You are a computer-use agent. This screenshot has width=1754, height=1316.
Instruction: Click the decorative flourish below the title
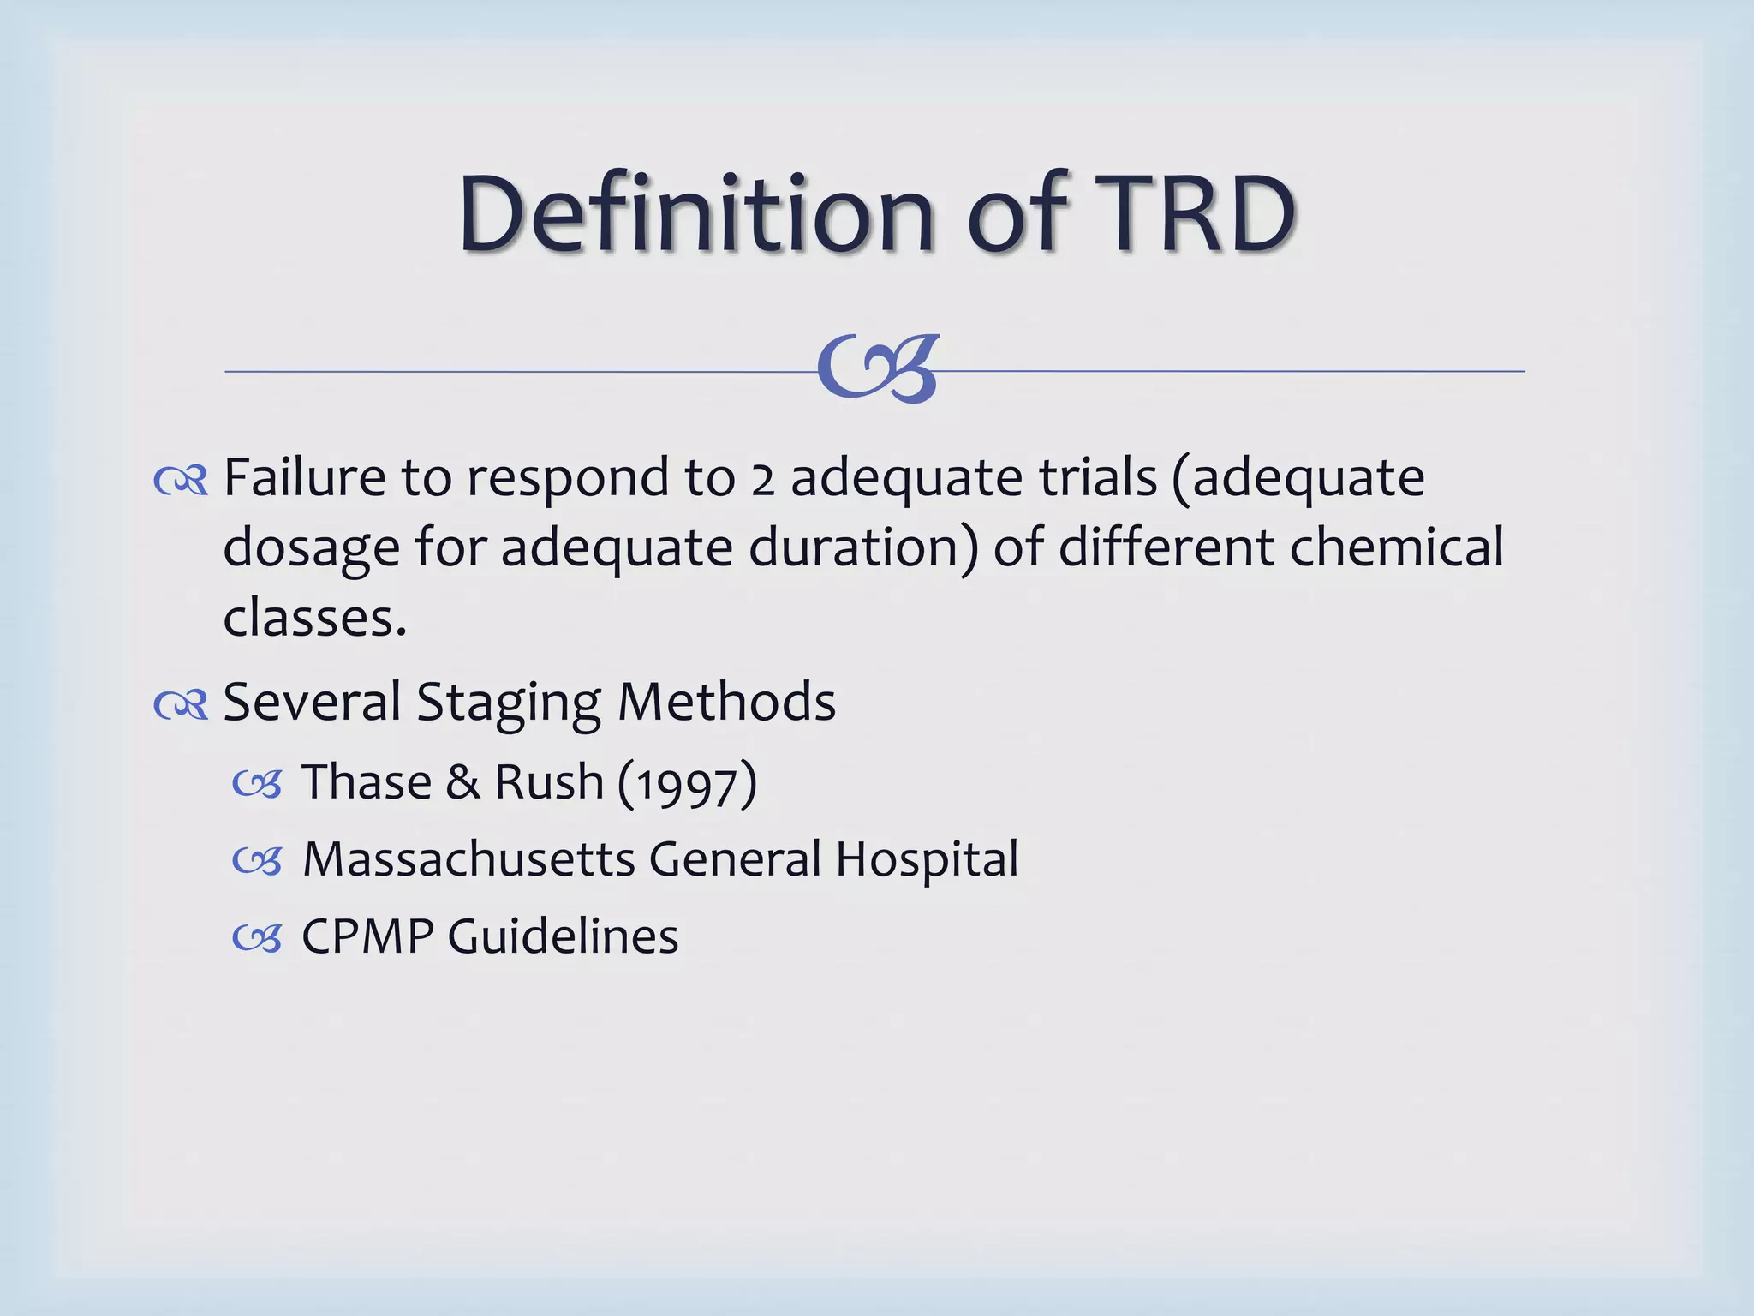point(879,368)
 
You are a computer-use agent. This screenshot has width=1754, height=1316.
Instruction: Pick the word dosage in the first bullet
point(311,548)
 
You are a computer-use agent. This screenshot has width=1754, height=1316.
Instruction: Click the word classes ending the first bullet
point(313,619)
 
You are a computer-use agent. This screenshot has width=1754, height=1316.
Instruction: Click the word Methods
point(726,702)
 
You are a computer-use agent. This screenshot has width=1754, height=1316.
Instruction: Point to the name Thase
point(367,781)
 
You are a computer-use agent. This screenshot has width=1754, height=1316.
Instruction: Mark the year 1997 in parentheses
point(687,785)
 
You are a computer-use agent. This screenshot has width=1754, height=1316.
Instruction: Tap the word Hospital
point(927,860)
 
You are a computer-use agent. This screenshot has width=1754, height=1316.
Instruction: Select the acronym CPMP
point(367,936)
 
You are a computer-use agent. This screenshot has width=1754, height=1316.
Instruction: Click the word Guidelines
point(563,936)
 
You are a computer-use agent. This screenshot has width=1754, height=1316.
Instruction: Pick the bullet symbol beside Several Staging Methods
point(181,705)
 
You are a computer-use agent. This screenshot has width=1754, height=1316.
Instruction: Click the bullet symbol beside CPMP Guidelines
point(257,939)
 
